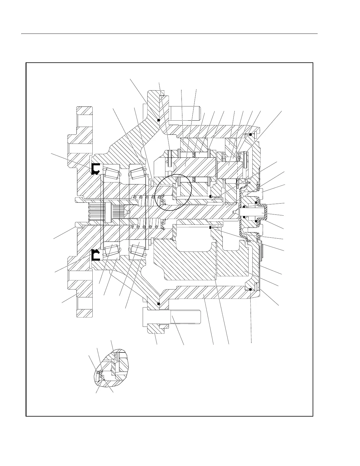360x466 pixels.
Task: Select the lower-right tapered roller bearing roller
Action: [138, 250]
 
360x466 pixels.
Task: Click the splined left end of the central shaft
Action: [97, 213]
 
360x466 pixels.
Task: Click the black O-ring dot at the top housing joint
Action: [158, 120]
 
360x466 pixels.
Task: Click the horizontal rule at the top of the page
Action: [169, 34]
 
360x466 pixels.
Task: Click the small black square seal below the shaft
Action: [211, 228]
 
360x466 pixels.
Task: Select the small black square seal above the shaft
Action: [211, 196]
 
